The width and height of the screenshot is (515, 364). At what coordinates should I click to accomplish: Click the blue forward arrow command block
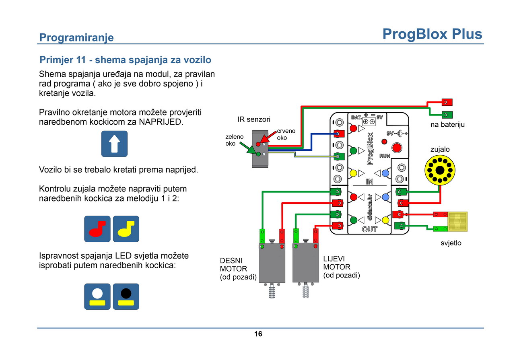pos(114,144)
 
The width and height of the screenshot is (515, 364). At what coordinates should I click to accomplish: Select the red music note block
pos(97,229)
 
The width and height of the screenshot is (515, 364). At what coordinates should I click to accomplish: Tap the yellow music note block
pos(126,229)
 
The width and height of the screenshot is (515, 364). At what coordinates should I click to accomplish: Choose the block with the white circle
pos(97,296)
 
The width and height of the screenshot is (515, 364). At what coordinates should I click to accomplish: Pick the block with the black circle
pos(126,296)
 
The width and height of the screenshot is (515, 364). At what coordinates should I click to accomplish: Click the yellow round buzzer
pos(440,170)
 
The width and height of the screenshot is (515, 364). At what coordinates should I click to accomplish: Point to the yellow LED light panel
pos(457,222)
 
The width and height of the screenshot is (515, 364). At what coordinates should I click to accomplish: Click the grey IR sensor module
pos(260,149)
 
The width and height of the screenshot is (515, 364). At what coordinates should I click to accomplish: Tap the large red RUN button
pos(397,148)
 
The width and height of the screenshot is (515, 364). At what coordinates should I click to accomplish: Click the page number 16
pos(258,334)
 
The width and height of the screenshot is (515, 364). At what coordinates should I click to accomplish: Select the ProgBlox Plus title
pos(432,34)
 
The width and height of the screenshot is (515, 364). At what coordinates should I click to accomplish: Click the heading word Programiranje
pos(76,37)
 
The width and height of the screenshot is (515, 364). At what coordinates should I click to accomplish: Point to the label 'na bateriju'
pos(447,125)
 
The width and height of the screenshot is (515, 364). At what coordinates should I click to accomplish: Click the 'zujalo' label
pos(440,149)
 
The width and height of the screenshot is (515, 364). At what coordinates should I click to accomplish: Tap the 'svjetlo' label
pos(451,243)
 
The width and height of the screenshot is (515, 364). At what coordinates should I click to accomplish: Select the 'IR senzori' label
pos(254,119)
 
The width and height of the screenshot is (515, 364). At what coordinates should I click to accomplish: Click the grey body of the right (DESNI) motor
pos(272,263)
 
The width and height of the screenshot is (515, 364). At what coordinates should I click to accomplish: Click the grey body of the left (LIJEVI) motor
pos(305,263)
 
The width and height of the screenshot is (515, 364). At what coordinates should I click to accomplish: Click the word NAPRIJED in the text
pos(161,122)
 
